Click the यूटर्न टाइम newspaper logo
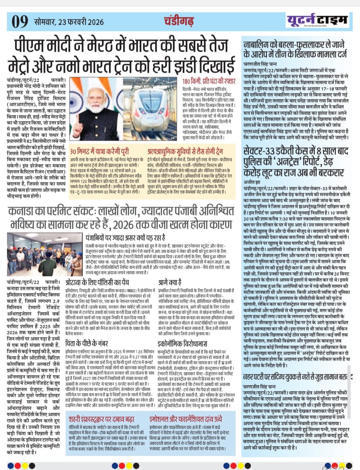point(317,21)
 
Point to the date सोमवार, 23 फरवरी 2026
point(69,22)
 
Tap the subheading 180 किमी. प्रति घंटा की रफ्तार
point(209,82)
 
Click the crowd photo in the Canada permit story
point(45,255)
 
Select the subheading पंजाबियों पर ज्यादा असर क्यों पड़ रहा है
point(125,238)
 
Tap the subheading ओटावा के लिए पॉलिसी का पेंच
point(97,282)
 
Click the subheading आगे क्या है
point(170,282)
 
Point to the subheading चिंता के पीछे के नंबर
point(87,343)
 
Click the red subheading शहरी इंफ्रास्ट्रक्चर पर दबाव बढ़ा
point(101,419)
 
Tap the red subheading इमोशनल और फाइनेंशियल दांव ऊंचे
point(185,419)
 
